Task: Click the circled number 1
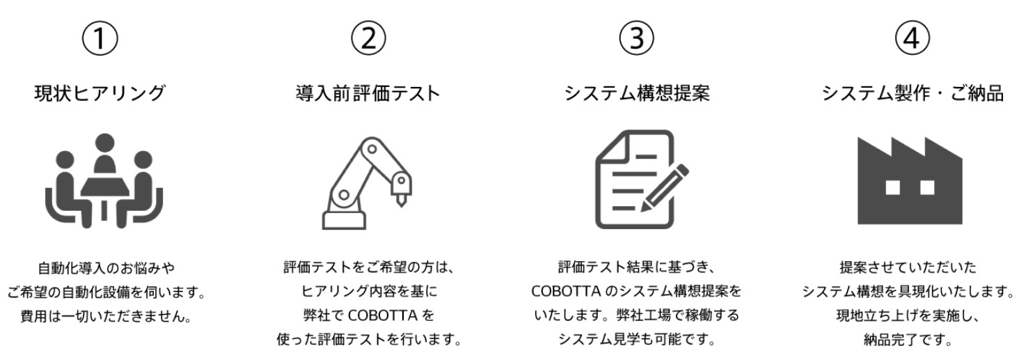pos(100,38)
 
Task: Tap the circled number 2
pos(368,38)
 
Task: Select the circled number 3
pos(637,38)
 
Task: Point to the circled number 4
pos(912,38)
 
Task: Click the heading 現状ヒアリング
pos(100,93)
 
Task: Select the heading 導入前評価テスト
pos(368,93)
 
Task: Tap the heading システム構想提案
pos(637,93)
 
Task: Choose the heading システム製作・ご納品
pos(913,93)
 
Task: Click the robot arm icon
pos(367,182)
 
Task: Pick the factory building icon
pos(910,180)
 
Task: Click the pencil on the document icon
pos(665,188)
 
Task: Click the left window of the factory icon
pos(893,187)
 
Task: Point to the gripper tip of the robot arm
pos(401,203)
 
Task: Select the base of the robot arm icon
pos(344,220)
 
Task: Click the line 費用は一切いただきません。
pos(106,317)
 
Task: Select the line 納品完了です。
pos(908,340)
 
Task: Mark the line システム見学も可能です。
pos(637,339)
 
